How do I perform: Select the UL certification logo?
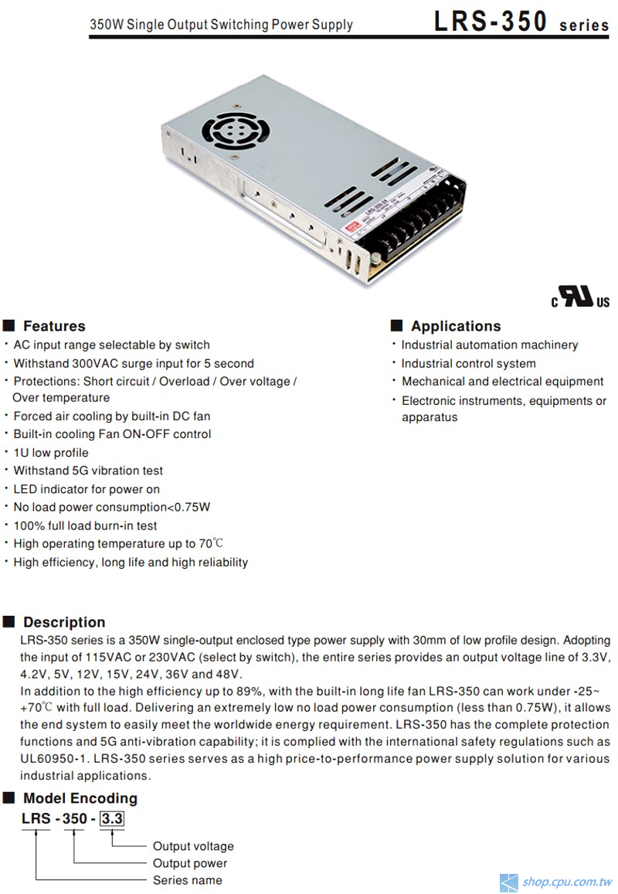pyautogui.click(x=580, y=297)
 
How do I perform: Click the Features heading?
pyautogui.click(x=53, y=326)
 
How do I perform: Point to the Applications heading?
pyautogui.click(x=455, y=326)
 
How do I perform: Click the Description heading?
pyautogui.click(x=63, y=622)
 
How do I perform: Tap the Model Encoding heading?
pyautogui.click(x=80, y=798)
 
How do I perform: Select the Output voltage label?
pyautogui.click(x=193, y=846)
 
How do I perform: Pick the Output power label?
pyautogui.click(x=190, y=863)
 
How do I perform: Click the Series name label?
pyautogui.click(x=187, y=880)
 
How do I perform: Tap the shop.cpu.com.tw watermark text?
pyautogui.click(x=567, y=882)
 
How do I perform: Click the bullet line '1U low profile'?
pyautogui.click(x=51, y=453)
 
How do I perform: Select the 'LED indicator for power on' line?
pyautogui.click(x=87, y=489)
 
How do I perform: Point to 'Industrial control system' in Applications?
pyautogui.click(x=468, y=363)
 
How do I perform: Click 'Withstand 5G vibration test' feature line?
pyautogui.click(x=88, y=471)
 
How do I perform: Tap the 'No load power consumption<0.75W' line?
pyautogui.click(x=112, y=507)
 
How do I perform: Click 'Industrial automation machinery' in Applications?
pyautogui.click(x=489, y=345)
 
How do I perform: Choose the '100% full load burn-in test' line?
pyautogui.click(x=85, y=525)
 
